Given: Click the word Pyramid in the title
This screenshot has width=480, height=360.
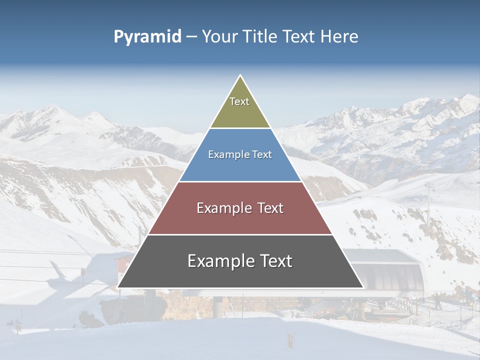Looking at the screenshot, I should (147, 37).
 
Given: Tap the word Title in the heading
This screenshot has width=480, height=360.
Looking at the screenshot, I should (262, 37).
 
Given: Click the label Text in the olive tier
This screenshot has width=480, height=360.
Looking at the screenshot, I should (239, 101).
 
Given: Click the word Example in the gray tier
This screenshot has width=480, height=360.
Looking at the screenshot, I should (218, 261).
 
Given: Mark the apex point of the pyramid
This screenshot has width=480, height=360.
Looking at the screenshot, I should (240, 76).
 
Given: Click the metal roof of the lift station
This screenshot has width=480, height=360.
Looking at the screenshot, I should (380, 256).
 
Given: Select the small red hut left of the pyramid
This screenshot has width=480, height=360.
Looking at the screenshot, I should (121, 265).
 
